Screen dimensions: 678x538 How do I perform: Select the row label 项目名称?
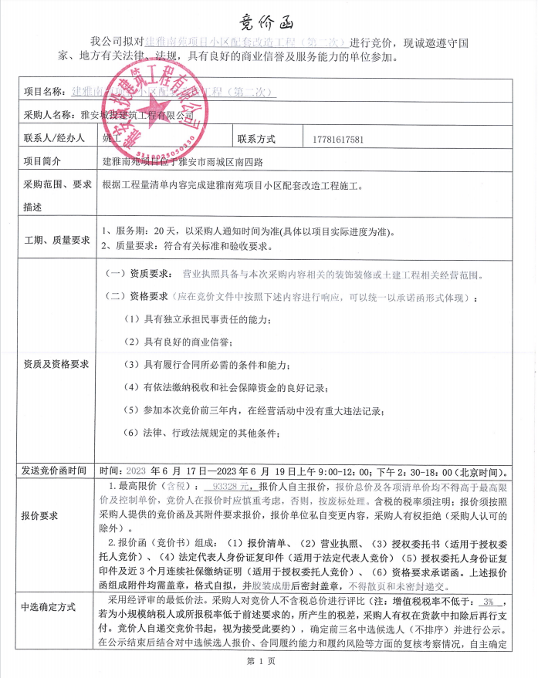coord(44,91)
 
